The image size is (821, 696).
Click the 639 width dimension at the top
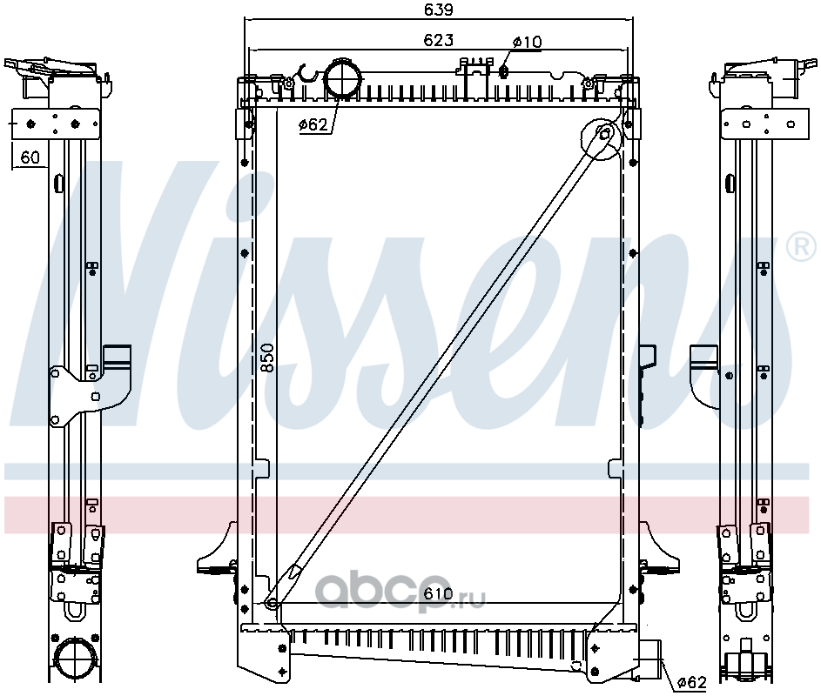[438, 10]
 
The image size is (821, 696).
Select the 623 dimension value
[438, 40]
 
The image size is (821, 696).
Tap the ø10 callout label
[528, 42]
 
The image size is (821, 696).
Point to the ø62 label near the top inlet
[313, 124]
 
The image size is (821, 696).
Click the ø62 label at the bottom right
[691, 682]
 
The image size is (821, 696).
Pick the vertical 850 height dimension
[267, 358]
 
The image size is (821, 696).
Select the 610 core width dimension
[438, 593]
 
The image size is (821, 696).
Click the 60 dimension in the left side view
[30, 157]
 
